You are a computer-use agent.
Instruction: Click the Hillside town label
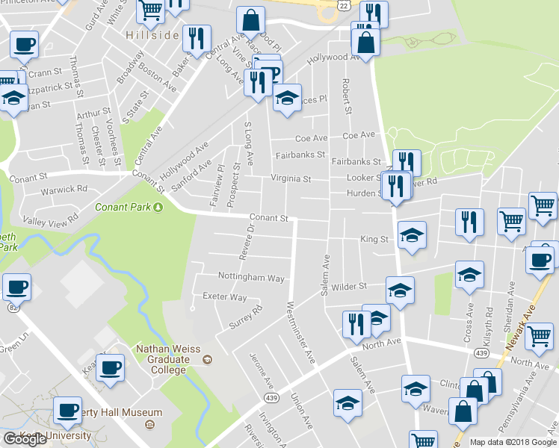click(x=152, y=36)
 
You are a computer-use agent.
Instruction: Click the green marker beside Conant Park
click(x=158, y=206)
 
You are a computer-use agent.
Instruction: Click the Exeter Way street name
click(x=224, y=296)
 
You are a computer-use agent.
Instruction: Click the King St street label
click(x=374, y=240)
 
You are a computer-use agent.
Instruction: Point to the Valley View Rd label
click(x=51, y=220)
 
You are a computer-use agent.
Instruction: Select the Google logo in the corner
click(x=25, y=439)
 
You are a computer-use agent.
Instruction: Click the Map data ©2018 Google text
click(x=513, y=442)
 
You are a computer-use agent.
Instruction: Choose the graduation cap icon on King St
click(x=412, y=236)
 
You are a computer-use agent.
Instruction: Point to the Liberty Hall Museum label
click(x=120, y=412)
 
